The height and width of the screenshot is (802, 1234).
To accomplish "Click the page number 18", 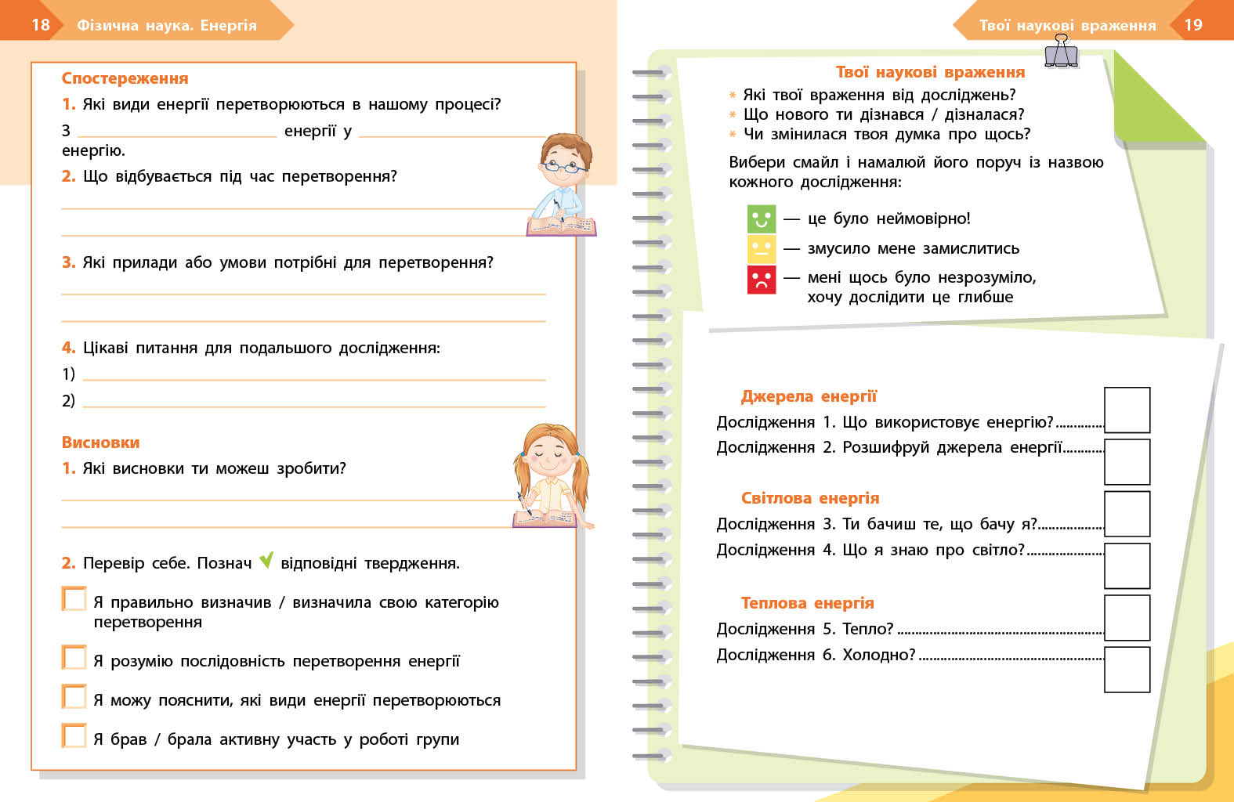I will pos(41,25).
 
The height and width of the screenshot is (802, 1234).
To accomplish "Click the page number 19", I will pos(1192,25).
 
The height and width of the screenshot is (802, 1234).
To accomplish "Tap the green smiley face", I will pos(761,219).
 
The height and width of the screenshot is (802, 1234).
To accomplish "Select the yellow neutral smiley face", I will pos(761,249).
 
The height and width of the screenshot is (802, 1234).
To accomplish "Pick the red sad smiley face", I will pos(761,280).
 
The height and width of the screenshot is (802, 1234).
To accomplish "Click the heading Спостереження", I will pos(125,78).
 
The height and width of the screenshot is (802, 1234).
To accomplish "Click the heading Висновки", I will pos(100,443).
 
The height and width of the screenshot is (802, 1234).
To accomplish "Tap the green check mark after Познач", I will pos(266,560).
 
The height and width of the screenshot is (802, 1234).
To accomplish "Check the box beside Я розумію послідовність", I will pos(74,658).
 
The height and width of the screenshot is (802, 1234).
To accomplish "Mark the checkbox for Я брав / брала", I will pos(74,736).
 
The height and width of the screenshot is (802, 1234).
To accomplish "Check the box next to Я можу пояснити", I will pos(74,697).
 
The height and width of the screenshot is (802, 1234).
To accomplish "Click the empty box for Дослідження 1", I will pos(1127,410).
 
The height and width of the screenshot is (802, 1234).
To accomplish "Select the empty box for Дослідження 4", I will pos(1127,565).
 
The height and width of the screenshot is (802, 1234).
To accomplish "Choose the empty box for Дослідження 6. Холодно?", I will pos(1127,670).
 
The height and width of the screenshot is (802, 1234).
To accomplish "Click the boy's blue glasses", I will pos(564,166).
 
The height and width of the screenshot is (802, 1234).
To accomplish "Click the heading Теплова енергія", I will pos(807,603).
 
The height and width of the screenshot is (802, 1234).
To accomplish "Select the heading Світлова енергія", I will pos(810,498).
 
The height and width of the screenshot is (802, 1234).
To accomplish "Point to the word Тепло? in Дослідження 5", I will pos(867,629).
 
